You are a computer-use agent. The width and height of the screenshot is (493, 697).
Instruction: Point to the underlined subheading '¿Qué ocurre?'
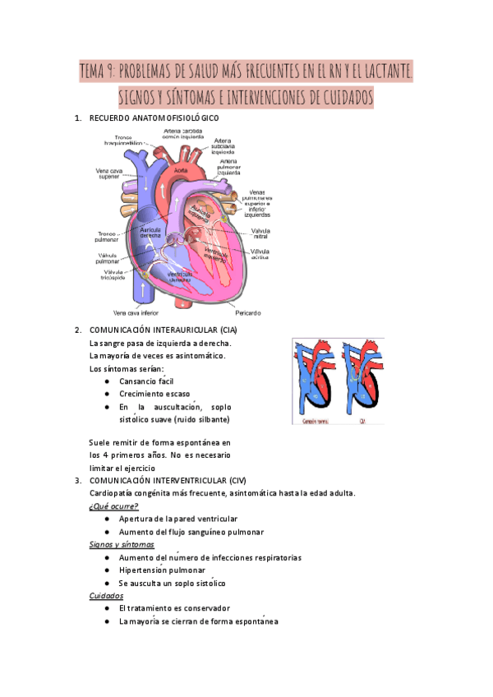point(113,505)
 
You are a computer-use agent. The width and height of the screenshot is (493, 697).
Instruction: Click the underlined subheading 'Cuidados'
point(106,595)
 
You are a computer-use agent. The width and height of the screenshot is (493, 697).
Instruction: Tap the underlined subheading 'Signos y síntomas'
point(122,544)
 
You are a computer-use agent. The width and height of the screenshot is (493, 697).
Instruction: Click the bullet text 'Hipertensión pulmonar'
point(165,570)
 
